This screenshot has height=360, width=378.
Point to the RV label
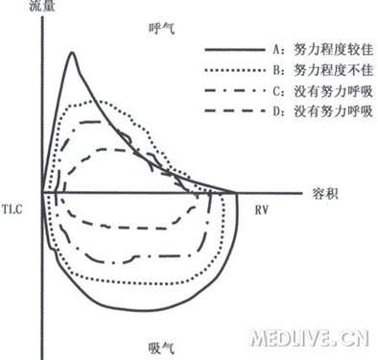(x=262, y=207)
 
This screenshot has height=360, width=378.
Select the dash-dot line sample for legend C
(x=232, y=91)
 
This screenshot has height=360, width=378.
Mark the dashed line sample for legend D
(x=232, y=114)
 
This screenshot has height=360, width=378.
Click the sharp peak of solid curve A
(x=73, y=53)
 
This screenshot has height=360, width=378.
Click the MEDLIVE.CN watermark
(x=307, y=337)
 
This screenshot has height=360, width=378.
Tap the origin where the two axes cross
(x=39, y=190)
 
